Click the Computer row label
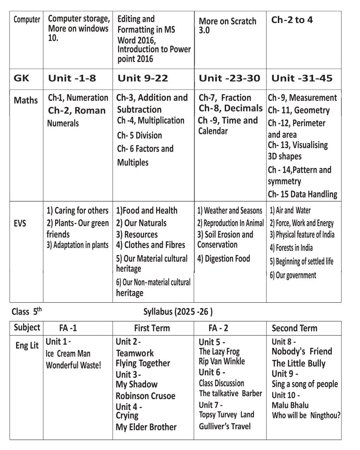(27, 20)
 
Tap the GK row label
(22, 79)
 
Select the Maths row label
(26, 100)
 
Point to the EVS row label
(20, 224)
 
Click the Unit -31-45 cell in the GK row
(302, 79)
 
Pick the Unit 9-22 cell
(143, 79)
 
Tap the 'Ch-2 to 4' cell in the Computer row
(292, 20)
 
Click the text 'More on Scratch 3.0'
(227, 26)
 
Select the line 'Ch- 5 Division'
(140, 136)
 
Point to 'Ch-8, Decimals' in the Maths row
(231, 108)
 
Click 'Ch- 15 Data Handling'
(302, 194)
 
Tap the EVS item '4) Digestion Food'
(223, 259)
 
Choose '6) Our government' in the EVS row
(293, 275)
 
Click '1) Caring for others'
(77, 211)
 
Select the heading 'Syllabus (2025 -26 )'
(178, 311)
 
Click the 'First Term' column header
(152, 328)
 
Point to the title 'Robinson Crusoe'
(146, 396)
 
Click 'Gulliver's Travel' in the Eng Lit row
(225, 426)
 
